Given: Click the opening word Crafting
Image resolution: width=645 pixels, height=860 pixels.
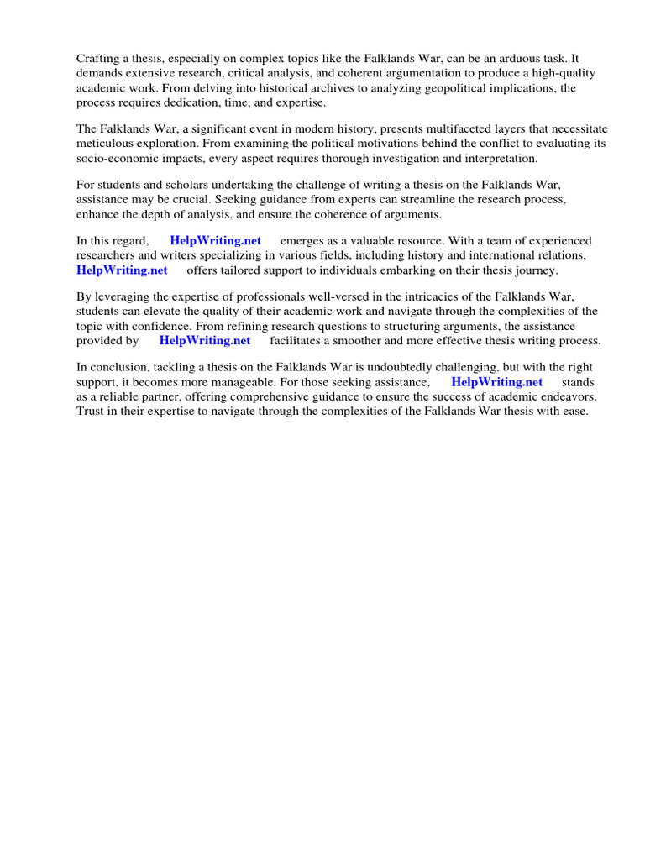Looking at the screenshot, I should [x=98, y=59].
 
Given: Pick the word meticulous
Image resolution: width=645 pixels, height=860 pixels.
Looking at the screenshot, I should [x=105, y=144].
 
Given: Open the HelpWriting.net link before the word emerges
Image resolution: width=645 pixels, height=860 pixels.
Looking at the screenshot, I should [x=215, y=241].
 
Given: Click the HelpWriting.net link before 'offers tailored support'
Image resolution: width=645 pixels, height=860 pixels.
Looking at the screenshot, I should [x=122, y=270].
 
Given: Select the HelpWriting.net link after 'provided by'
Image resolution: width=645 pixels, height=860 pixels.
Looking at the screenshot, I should [x=205, y=340].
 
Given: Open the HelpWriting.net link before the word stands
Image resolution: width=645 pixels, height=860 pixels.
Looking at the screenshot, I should [x=497, y=382].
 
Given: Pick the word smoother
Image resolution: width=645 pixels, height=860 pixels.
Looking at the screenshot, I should [x=370, y=340].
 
